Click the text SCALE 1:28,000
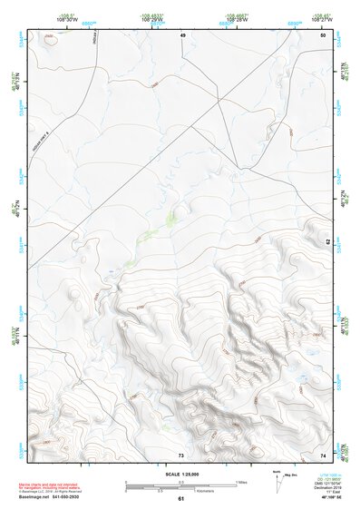coord(180,474)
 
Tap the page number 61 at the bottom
coord(180,499)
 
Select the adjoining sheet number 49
coord(181,34)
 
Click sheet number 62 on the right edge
coord(327,241)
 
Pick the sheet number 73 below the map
coord(181,454)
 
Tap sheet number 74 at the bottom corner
coord(323,454)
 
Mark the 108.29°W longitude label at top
coord(151,19)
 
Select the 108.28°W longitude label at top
coord(236,19)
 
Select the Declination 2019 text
coord(328,486)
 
